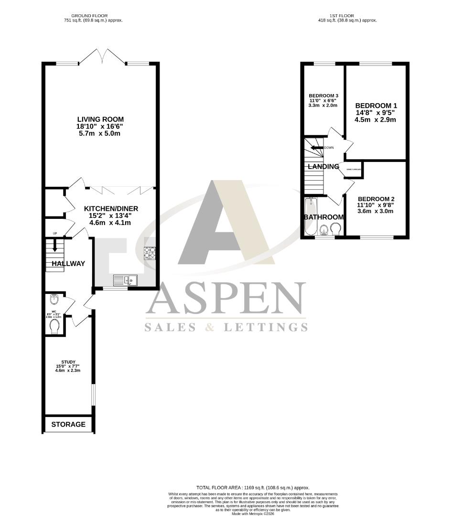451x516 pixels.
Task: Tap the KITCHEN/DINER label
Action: pos(111,209)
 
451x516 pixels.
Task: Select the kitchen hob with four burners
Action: pos(150,252)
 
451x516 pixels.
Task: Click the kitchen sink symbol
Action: pos(125,280)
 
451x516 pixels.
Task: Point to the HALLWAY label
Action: pos(68,263)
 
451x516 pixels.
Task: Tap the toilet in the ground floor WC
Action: pos(54,326)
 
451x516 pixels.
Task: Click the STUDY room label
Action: pos(68,362)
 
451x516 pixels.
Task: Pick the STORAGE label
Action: pos(68,424)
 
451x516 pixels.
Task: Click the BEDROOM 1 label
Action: pos(376,106)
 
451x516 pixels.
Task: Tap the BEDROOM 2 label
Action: pos(376,199)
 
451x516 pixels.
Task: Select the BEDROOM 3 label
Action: pos(323,95)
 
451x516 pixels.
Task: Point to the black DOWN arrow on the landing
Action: pos(317,148)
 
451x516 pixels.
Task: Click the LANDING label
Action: pos(323,167)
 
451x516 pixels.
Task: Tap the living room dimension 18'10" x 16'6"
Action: pos(101,127)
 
